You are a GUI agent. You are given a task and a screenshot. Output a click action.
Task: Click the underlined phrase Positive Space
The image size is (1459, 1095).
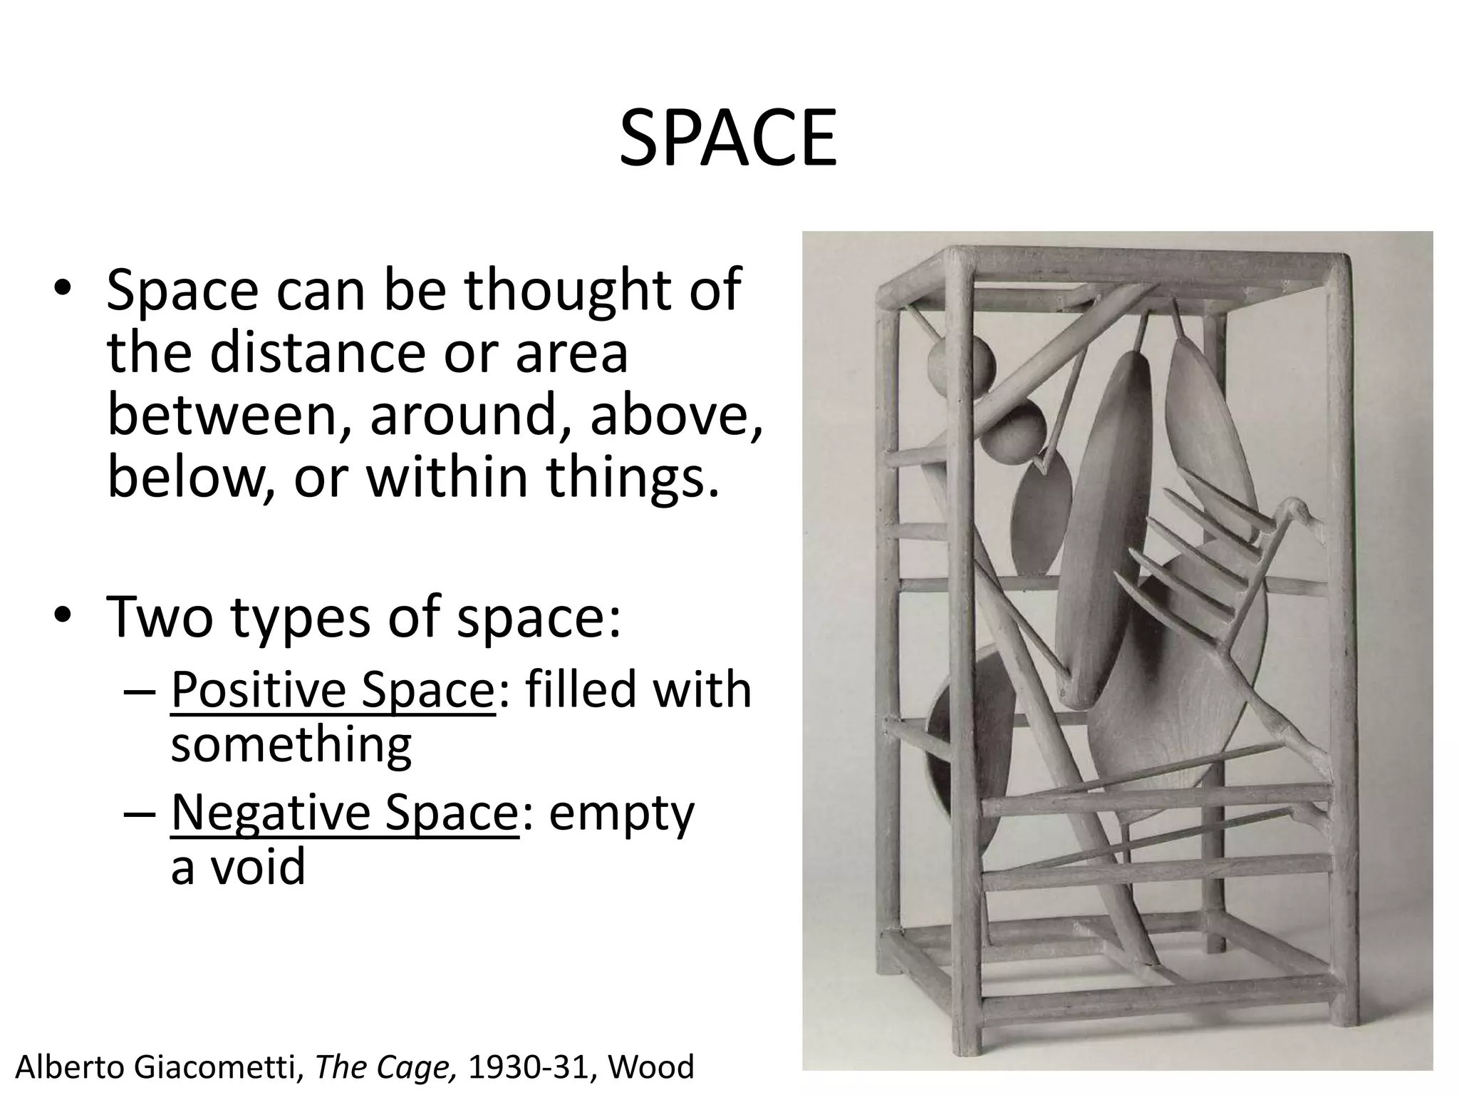[333, 689]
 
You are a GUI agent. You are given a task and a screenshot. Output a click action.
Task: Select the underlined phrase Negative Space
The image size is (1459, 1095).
[344, 812]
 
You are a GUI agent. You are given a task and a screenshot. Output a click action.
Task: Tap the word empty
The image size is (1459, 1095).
[621, 813]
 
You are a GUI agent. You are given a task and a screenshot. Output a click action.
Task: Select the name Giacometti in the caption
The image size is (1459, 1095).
[204, 1067]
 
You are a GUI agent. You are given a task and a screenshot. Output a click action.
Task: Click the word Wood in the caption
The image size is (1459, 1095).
[651, 1067]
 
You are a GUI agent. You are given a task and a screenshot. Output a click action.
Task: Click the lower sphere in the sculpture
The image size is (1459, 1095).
[1014, 432]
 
